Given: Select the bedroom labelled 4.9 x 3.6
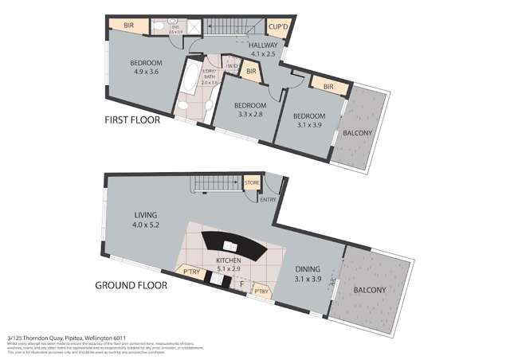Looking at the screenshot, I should [x=146, y=68].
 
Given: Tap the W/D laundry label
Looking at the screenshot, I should [x=232, y=66].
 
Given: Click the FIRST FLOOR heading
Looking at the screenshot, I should [x=132, y=121].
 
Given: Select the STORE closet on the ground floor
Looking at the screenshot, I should [x=252, y=183].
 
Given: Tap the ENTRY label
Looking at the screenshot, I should [x=268, y=199].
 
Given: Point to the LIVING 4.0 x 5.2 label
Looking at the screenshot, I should [x=146, y=220].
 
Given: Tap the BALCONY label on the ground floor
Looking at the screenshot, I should [x=370, y=290].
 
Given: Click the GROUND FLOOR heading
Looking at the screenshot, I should [x=131, y=284].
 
